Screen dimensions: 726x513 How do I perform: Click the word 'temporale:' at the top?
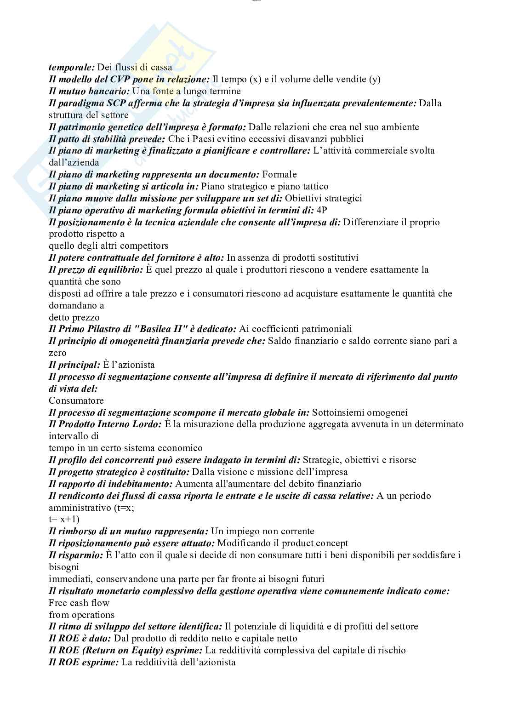(x=71, y=68)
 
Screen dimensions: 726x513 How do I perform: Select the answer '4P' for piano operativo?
(x=322, y=211)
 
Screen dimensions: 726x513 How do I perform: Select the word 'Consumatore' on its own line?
(x=76, y=401)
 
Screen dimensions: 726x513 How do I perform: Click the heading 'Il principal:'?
(x=74, y=365)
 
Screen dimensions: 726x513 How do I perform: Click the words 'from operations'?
(x=82, y=615)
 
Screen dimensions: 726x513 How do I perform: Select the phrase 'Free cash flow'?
(x=79, y=603)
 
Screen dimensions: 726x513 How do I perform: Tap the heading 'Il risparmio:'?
(x=76, y=555)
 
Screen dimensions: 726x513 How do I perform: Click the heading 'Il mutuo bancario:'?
(x=89, y=91)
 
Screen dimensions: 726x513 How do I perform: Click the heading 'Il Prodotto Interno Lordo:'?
(x=105, y=424)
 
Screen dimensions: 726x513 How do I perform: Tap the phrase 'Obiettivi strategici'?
(x=324, y=199)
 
